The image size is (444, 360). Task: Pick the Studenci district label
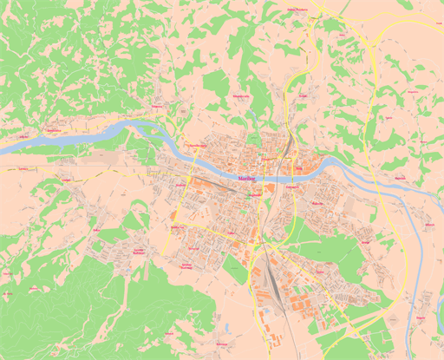[180, 185]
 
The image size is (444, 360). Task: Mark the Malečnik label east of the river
[400, 179]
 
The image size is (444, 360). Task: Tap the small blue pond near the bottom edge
[226, 328]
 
